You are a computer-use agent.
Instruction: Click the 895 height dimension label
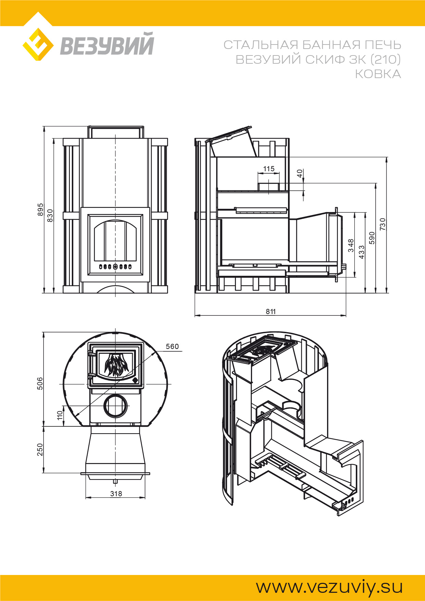tap(40, 210)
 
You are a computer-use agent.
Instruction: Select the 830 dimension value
tap(50, 215)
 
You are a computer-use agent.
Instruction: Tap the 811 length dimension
tap(271, 311)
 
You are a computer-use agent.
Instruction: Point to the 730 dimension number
tap(383, 224)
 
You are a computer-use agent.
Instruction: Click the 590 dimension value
tap(372, 238)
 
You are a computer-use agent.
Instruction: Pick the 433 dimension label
tap(362, 252)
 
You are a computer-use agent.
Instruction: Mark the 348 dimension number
tap(351, 246)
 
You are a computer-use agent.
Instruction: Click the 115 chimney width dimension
tap(269, 169)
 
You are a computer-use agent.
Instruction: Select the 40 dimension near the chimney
tap(300, 174)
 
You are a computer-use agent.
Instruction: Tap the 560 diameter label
tap(172, 347)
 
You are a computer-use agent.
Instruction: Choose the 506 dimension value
tap(40, 384)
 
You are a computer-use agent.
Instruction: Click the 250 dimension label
tap(40, 450)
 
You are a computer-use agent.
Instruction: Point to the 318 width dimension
tap(116, 493)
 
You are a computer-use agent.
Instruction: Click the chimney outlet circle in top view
tap(115, 405)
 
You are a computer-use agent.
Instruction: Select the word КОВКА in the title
tap(378, 74)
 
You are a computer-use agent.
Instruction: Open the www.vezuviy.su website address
tap(329, 587)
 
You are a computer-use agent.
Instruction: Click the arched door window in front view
tap(115, 240)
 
